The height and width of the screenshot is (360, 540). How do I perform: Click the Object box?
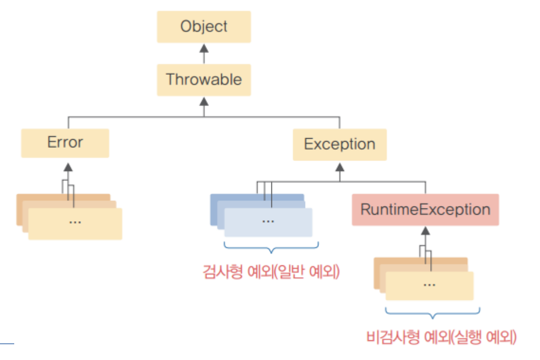coord(204,27)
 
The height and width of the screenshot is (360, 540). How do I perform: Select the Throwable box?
coord(204,80)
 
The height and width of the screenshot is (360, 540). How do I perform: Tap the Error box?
coord(65,143)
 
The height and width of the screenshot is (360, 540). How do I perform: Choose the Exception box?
coord(339,144)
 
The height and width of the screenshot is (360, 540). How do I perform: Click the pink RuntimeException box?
coord(425,209)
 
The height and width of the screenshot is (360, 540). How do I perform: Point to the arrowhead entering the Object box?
coord(204,47)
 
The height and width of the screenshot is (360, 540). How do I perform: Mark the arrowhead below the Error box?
coord(68,167)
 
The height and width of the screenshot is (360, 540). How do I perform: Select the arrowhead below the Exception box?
coord(339,166)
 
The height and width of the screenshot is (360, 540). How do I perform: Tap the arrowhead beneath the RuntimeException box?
coord(425,231)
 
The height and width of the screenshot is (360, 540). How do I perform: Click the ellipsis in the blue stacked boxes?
coord(268,221)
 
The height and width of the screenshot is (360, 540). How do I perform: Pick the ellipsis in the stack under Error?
coord(75,222)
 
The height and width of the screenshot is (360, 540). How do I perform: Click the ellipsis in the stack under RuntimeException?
coord(429,284)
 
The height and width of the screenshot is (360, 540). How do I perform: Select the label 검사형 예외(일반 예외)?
coord(271,273)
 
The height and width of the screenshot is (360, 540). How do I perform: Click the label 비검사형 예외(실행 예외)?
coord(441,337)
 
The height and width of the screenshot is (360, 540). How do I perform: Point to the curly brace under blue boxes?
coord(271,247)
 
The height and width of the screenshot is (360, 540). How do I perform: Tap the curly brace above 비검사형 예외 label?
coord(432,311)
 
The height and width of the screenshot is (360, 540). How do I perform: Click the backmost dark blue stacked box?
coord(237,198)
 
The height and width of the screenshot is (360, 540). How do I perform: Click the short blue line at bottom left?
coord(7,343)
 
